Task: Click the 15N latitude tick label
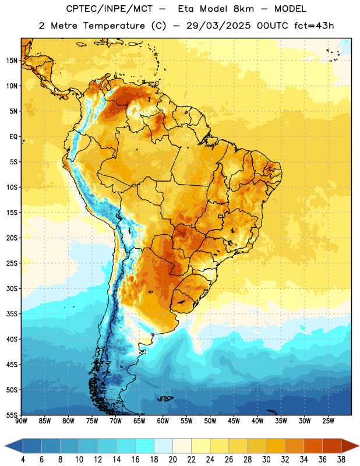click(x=12, y=61)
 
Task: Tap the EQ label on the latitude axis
click(x=13, y=137)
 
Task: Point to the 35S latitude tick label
click(x=12, y=314)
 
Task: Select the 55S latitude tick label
click(x=12, y=415)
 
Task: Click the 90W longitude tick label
click(x=21, y=421)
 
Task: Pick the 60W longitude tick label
click(x=163, y=421)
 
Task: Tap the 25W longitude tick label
click(x=328, y=421)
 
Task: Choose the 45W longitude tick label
click(x=234, y=421)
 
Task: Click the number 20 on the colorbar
click(x=172, y=460)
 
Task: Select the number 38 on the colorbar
click(x=341, y=460)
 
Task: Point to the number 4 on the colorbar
click(x=23, y=460)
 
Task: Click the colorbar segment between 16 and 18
click(x=145, y=446)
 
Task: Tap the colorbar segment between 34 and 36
click(x=313, y=446)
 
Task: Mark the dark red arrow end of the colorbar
click(x=350, y=446)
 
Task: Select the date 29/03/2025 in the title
click(x=218, y=26)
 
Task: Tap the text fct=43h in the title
click(x=314, y=26)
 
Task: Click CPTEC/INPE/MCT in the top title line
click(x=109, y=9)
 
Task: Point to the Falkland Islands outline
click(x=165, y=398)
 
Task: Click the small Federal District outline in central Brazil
click(x=220, y=216)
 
